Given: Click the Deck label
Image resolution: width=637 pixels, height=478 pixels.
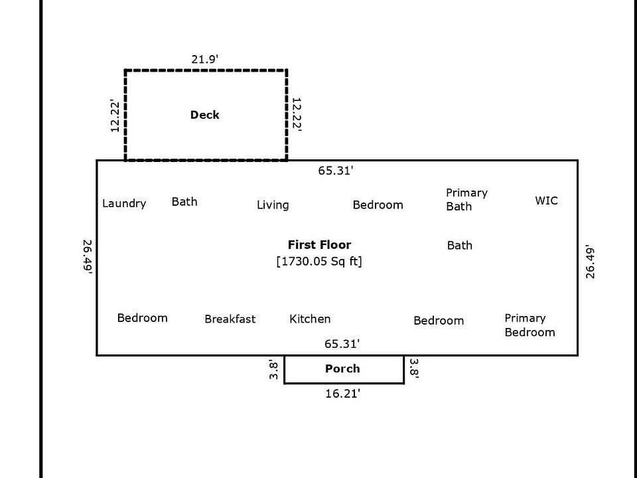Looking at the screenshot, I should tap(204, 115).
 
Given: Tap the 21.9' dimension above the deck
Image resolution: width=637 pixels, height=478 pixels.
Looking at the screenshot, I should tap(205, 60).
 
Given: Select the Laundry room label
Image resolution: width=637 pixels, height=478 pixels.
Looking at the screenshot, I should tap(124, 204).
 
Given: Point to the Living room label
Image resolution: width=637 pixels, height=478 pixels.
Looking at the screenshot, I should tap(273, 205).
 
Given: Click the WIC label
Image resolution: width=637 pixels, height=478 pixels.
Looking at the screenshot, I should tap(546, 200).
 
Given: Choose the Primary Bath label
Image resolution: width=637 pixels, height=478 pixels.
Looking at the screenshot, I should tap(466, 199).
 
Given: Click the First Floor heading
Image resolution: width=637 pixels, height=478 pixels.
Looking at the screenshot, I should tap(319, 245).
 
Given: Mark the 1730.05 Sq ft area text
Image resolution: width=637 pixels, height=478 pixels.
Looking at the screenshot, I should tap(319, 262).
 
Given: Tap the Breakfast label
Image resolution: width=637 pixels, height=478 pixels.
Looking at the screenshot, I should tap(230, 319).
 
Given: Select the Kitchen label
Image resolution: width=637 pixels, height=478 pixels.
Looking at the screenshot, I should tap(310, 319).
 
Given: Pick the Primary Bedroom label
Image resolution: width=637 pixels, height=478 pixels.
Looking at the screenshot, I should tap(530, 325).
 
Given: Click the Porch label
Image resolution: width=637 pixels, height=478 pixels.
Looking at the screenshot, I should tap(342, 369).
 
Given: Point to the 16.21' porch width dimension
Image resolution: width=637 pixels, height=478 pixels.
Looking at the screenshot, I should tap(342, 394).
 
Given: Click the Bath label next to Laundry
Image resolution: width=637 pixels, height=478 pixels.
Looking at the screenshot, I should tap(184, 202).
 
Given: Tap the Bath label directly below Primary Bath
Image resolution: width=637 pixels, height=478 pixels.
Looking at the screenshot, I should tap(460, 246).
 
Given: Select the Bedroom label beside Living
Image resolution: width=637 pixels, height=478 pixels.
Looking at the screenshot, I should tap(378, 205).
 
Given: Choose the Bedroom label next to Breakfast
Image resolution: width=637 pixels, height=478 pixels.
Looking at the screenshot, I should tap(142, 318).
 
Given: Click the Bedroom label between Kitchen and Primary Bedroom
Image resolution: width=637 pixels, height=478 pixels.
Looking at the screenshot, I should tap(439, 321).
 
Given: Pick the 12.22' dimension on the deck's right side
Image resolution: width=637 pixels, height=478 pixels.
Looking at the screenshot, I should tap(297, 115).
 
